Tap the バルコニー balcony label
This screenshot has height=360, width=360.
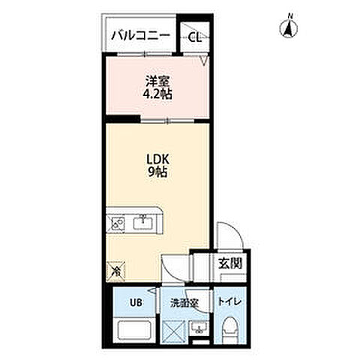tap(140, 36)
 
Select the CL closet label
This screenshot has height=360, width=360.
tap(194, 37)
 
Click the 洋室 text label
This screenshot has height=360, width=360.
tap(157, 81)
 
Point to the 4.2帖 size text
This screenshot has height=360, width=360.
tap(157, 94)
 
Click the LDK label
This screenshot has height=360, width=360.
tap(157, 159)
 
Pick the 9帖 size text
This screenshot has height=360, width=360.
tap(157, 172)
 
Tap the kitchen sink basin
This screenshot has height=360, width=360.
tap(142, 223)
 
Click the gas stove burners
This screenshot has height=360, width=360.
tap(115, 223)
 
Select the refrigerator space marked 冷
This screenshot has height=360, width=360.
tap(115, 271)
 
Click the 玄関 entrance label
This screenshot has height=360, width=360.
tap(230, 263)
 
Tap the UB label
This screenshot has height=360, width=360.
tap(136, 302)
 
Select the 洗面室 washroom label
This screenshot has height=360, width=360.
tap(184, 303)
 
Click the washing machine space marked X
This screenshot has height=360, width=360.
tap(174, 331)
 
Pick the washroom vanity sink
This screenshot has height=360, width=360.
tap(199, 328)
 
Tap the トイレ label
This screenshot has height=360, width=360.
tap(229, 301)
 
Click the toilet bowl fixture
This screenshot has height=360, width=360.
tap(230, 329)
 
